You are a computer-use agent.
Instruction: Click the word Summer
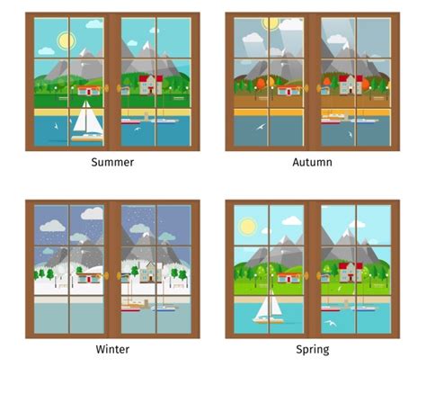coord(112,163)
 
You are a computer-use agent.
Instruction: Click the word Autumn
coord(312,163)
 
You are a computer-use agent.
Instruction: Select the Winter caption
coord(112,349)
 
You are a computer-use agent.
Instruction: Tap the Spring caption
coord(312,349)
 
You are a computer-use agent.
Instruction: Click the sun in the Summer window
coord(65,40)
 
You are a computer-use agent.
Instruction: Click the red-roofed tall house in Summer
coord(149,85)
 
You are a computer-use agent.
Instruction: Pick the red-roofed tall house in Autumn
coord(350,85)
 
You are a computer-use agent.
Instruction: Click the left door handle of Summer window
coord(106,88)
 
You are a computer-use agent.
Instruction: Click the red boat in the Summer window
coord(129,119)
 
